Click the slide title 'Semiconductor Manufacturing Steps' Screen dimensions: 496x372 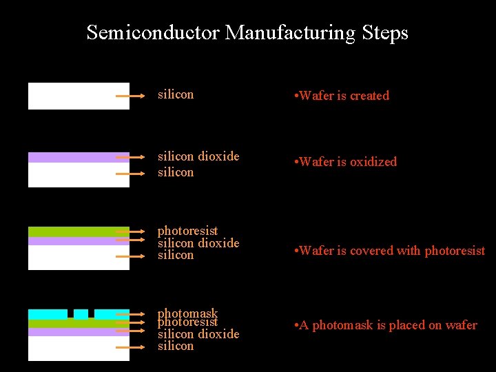247,32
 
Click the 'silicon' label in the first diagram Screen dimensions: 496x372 176,94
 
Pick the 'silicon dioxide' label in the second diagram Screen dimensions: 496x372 198,156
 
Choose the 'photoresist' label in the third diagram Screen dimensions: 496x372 187,231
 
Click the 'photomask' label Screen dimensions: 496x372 187,313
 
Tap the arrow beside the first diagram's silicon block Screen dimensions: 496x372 130,96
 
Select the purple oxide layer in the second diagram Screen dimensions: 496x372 79,157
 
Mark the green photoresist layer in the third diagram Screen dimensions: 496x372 79,231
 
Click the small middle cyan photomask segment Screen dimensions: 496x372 81,314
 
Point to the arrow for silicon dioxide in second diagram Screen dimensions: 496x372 130,158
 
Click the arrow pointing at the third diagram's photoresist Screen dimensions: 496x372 130,231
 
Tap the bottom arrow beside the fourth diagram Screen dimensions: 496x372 130,347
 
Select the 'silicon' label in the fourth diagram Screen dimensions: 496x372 176,346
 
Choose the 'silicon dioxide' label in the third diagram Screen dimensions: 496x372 198,242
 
